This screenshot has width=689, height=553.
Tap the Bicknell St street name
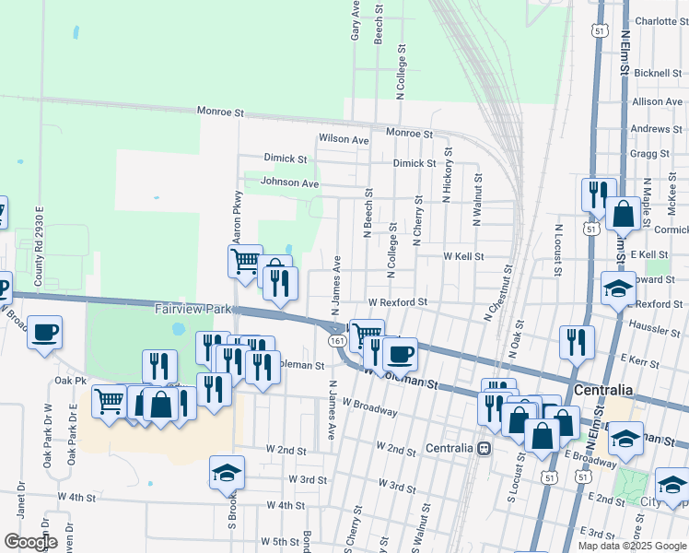(656, 72)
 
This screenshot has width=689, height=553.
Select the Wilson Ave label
(344, 139)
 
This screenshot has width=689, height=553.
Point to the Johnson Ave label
(289, 182)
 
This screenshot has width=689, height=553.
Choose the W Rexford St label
(398, 301)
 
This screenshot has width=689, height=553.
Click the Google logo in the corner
(30, 542)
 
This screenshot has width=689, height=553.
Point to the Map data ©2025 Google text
(632, 546)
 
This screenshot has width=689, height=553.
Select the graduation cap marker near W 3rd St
(227, 472)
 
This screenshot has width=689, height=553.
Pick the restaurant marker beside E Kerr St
(577, 342)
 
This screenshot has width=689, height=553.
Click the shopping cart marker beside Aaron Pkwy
(245, 261)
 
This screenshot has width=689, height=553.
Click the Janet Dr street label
(19, 507)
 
